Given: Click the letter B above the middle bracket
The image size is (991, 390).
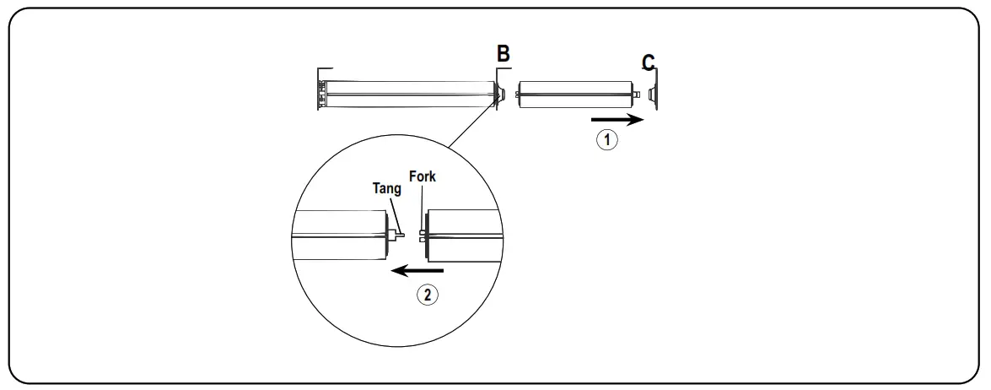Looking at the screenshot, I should [x=503, y=54].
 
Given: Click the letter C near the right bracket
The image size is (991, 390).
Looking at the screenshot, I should [x=648, y=62].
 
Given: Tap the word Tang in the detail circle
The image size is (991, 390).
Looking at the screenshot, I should [x=387, y=188].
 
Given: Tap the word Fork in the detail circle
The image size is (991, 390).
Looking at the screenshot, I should [x=422, y=176].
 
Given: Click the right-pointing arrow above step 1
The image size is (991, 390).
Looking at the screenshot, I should [x=617, y=121].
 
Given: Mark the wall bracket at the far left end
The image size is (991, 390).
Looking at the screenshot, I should [x=321, y=89].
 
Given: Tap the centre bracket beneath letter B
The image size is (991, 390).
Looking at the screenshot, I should [x=499, y=92].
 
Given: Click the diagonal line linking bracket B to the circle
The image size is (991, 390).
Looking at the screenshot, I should [x=469, y=127].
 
